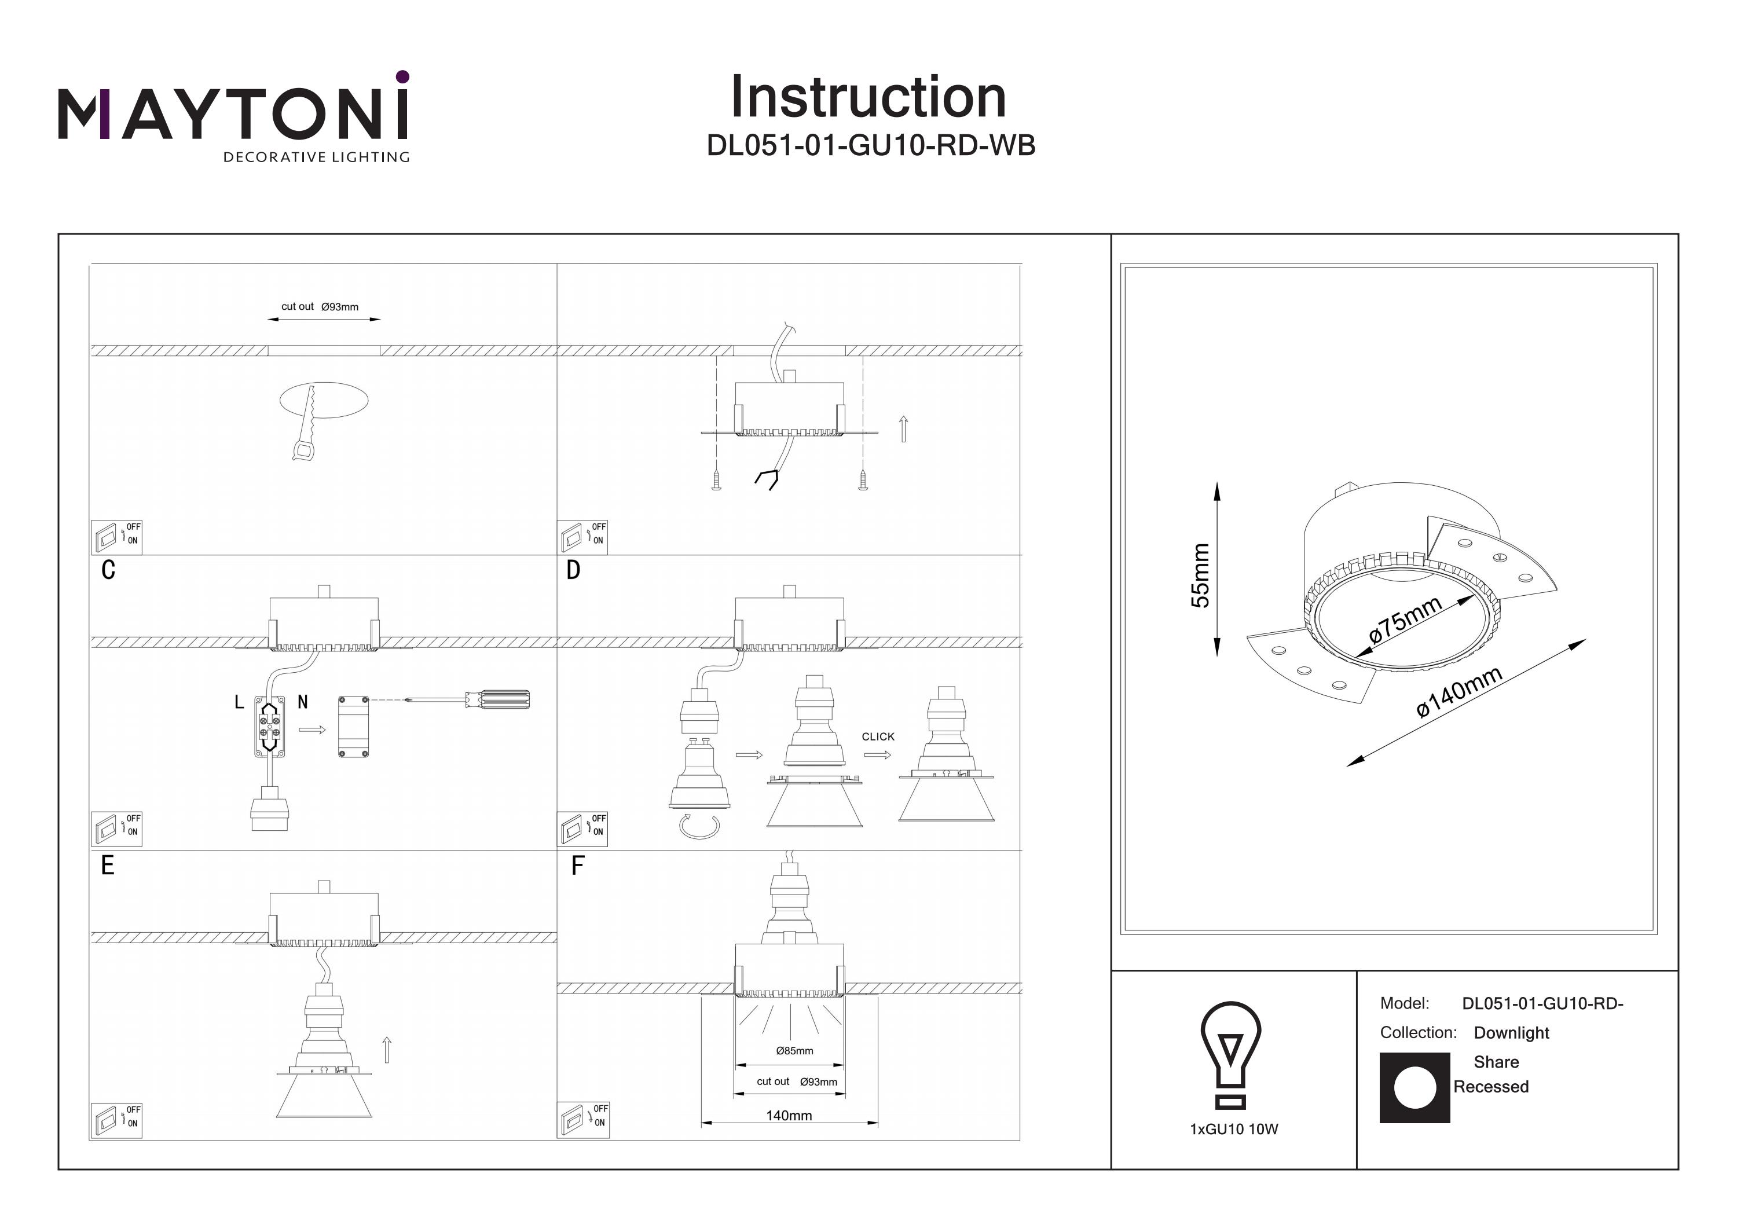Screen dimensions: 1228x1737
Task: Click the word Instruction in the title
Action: click(868, 98)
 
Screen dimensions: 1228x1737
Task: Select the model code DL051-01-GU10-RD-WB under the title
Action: click(870, 145)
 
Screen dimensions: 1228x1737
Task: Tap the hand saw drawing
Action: click(306, 424)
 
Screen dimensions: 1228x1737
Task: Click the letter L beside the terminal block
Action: click(239, 703)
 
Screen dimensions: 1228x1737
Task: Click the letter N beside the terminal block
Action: click(303, 703)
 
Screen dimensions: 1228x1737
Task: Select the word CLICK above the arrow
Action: click(878, 736)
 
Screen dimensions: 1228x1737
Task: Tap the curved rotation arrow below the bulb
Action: click(698, 826)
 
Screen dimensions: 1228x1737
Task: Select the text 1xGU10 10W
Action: click(1234, 1130)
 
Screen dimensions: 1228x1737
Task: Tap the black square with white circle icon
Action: click(1414, 1087)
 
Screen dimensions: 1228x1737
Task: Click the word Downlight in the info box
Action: click(1511, 1033)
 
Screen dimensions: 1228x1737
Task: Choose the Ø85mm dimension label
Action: click(794, 1051)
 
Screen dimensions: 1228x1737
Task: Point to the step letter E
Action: click(108, 866)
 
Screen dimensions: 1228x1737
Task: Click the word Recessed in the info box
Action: click(1490, 1087)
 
